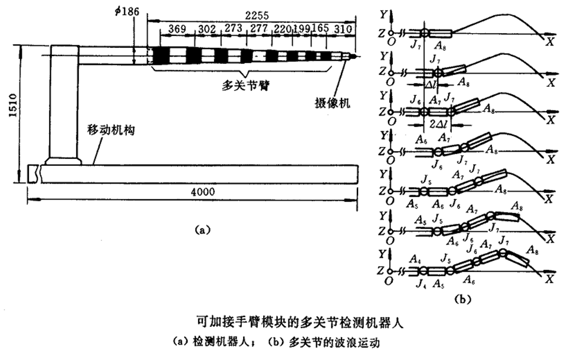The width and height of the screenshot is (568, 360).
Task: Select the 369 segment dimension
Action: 179,29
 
